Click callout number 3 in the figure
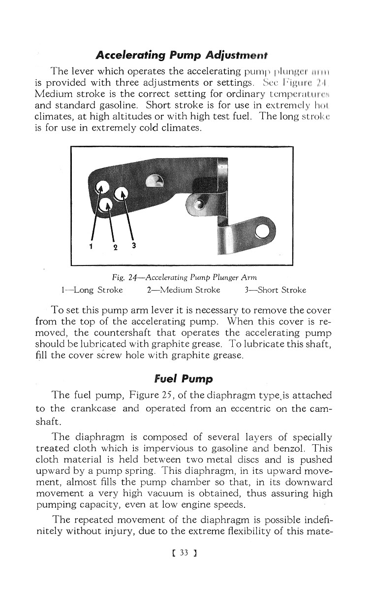click(x=134, y=246)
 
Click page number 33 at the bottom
click(x=184, y=566)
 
